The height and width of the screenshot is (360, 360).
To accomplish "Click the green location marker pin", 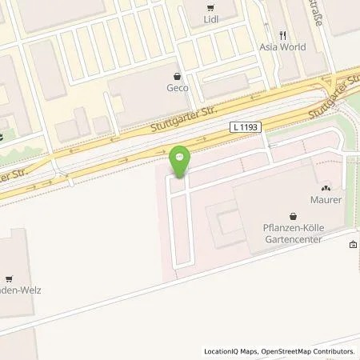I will (180, 160).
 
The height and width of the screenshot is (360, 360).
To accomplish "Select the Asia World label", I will (283, 47).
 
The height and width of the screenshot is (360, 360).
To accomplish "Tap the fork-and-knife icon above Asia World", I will (283, 35).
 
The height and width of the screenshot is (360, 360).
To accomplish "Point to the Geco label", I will (178, 88).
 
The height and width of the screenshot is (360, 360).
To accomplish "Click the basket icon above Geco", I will (178, 76).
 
